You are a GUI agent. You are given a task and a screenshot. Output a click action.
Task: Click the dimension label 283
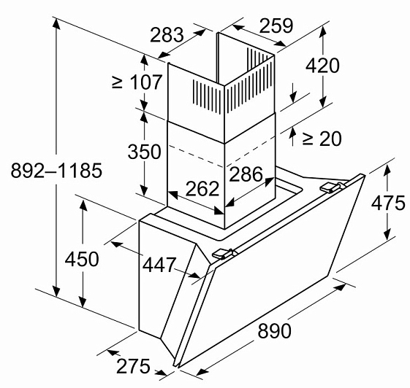[167, 35]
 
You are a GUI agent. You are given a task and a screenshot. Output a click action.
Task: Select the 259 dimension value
[276, 26]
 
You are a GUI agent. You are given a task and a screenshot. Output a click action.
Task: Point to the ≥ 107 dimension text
[137, 82]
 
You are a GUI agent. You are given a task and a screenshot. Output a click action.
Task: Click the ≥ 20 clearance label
[322, 139]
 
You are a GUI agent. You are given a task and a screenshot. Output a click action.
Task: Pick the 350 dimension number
[144, 152]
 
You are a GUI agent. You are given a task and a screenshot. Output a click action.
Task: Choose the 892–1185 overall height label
[56, 171]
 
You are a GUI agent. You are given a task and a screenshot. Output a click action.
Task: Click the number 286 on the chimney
[246, 174]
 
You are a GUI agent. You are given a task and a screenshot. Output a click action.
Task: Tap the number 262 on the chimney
[202, 189]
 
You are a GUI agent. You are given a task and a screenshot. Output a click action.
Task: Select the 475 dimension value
[388, 203]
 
